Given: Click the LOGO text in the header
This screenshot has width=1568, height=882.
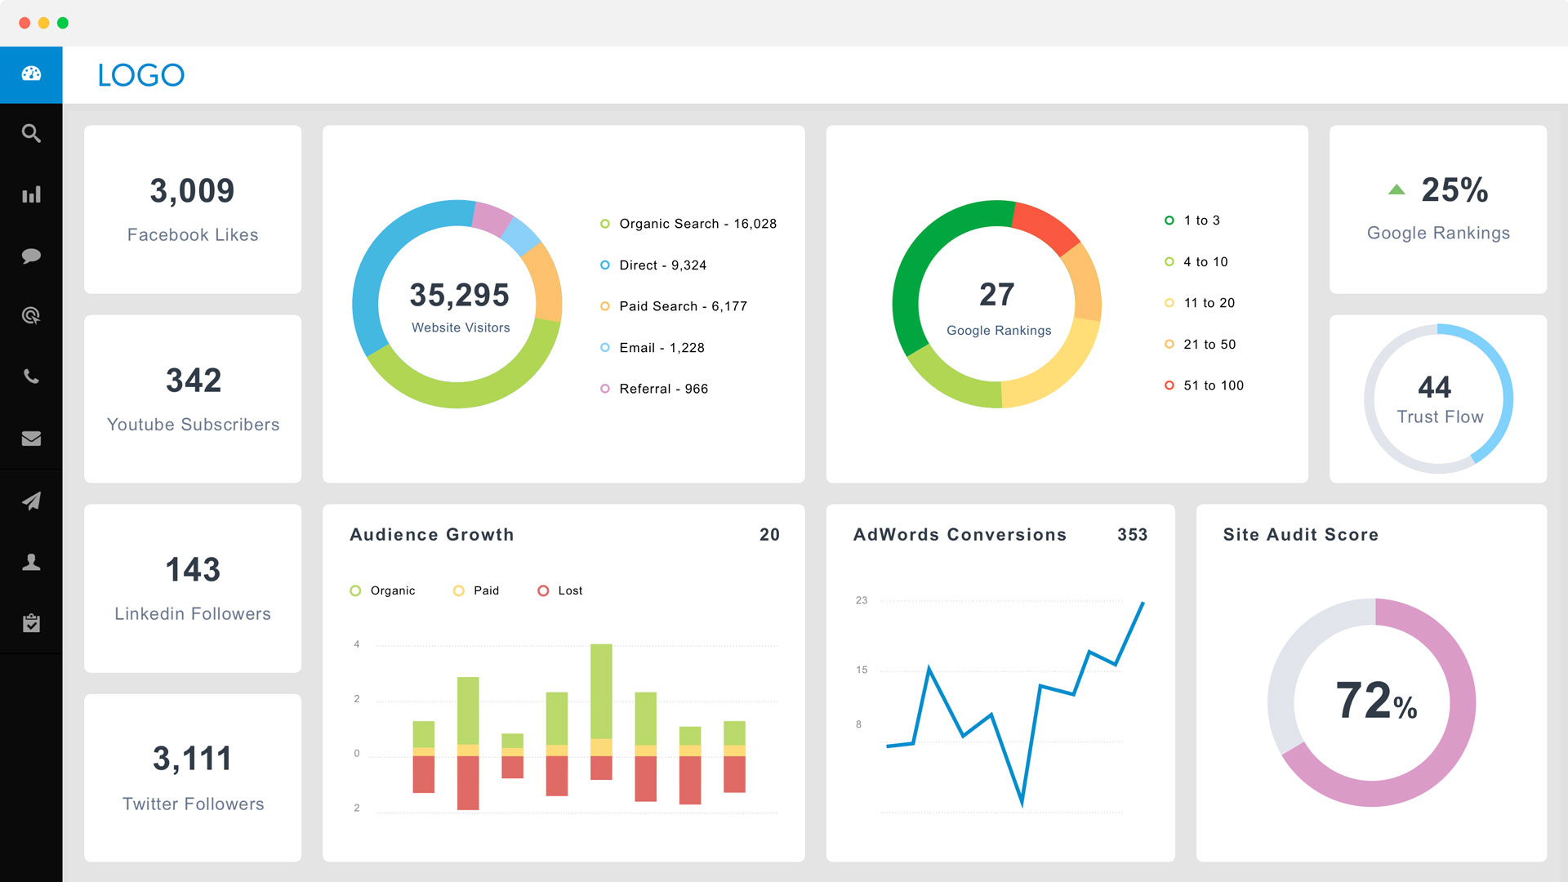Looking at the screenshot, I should click(140, 75).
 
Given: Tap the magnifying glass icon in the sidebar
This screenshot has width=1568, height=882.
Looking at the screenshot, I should click(31, 133).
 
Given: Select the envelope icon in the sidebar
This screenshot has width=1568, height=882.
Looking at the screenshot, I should click(31, 439).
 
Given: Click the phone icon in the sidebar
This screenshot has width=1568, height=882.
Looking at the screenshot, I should click(31, 376).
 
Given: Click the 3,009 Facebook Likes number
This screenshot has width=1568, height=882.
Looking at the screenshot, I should click(192, 191).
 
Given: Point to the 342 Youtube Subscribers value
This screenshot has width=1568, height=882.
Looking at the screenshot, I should click(194, 381).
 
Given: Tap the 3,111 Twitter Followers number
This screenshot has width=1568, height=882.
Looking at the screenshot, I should click(193, 759).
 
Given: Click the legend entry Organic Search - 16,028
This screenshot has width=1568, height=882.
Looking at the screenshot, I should click(697, 224).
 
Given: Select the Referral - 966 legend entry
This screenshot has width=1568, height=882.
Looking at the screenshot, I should click(662, 389).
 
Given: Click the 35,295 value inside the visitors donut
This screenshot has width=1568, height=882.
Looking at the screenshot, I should click(459, 296).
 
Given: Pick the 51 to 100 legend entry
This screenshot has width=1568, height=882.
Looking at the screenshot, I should click(1213, 385).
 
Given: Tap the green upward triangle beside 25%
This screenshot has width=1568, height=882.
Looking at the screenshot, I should click(1396, 189).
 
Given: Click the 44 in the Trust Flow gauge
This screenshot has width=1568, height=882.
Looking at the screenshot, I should click(1434, 386).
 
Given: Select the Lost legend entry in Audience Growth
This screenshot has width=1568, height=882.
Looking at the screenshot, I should click(569, 590).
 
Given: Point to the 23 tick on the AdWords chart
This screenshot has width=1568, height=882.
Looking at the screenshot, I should click(862, 600).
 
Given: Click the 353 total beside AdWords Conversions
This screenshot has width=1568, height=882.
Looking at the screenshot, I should click(1132, 535).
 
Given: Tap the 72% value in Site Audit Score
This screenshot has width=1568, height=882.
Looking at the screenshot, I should click(1376, 702).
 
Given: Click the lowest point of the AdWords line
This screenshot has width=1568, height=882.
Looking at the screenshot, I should click(1022, 803).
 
